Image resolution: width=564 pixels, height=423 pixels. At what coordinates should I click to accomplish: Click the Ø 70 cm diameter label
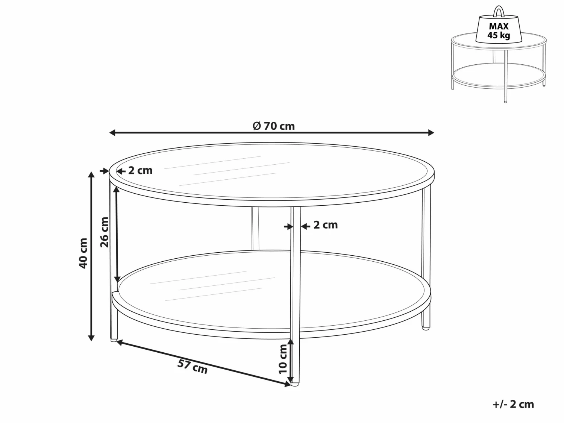point(274,126)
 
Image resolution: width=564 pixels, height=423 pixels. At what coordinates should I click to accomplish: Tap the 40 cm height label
point(83,253)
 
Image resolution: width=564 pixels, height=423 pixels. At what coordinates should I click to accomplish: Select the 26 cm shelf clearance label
point(105,232)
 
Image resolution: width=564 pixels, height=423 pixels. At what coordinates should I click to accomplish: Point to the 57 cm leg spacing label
point(193,367)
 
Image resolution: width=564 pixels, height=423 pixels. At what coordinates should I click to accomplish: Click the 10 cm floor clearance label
point(283,359)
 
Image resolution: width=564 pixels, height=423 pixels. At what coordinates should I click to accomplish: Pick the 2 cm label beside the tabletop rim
point(140,171)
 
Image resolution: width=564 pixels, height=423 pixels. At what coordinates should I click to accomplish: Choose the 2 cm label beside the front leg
point(325,225)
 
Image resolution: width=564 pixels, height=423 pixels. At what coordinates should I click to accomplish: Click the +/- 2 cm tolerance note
point(513,404)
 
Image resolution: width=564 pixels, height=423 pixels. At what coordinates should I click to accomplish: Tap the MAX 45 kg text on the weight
point(499,31)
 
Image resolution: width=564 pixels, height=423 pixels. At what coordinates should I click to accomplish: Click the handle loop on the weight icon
point(499,11)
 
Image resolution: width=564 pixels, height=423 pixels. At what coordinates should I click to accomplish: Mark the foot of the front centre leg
point(295,385)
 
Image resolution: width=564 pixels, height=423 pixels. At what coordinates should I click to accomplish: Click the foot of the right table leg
point(426,328)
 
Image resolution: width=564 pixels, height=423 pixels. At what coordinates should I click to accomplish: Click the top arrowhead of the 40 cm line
point(91,174)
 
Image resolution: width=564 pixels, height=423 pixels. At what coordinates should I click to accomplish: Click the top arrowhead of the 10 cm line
point(291,341)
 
